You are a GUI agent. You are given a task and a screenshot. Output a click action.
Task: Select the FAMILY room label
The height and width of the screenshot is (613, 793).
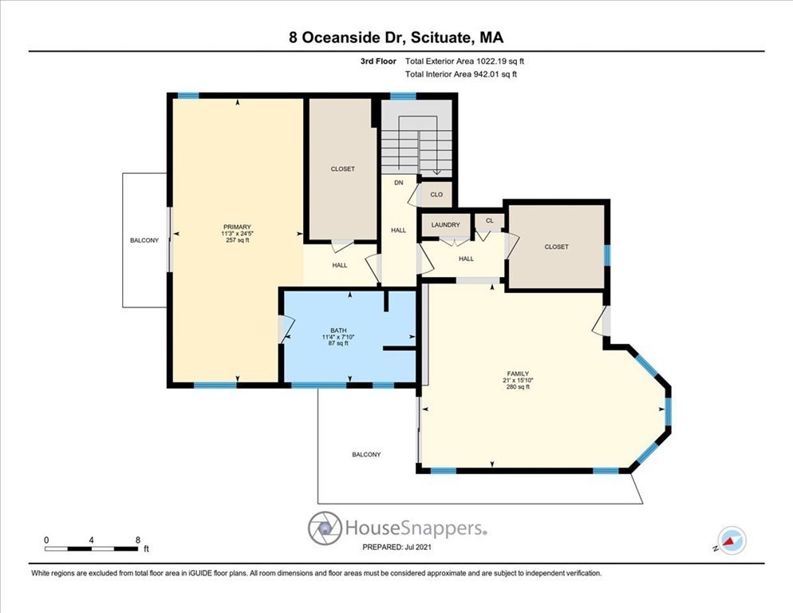pos(518,374)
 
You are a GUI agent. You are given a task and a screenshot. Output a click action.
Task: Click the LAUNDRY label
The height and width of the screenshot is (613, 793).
pos(445,225)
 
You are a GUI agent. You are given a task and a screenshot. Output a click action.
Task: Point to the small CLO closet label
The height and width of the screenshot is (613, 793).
pos(436,194)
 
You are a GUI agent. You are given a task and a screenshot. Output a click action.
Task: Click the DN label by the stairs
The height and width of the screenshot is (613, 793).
pos(399,183)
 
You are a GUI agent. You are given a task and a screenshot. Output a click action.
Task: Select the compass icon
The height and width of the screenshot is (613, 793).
pos(732,540)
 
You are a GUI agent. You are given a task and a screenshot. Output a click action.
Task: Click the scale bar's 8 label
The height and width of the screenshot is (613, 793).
pos(138,540)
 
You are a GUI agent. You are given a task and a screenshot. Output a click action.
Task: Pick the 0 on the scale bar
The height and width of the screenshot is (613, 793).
pos(46,540)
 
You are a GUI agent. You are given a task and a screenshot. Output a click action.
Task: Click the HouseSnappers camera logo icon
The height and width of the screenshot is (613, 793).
pos(325,528)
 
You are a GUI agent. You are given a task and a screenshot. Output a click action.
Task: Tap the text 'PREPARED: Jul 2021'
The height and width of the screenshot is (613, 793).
pos(396,548)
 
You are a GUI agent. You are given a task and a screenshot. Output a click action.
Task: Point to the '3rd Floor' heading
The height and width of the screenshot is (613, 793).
pos(379,61)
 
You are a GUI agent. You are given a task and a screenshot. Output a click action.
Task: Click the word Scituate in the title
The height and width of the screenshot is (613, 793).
pos(432,37)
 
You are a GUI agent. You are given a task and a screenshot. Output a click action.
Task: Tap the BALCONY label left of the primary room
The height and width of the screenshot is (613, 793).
pos(144,240)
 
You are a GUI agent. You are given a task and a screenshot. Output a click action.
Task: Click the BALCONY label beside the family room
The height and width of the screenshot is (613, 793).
pos(366,454)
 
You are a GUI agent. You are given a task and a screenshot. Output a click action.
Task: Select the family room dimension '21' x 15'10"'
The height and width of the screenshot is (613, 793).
pos(518,381)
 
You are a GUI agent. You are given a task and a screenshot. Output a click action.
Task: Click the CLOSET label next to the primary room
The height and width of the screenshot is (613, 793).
pos(342,169)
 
